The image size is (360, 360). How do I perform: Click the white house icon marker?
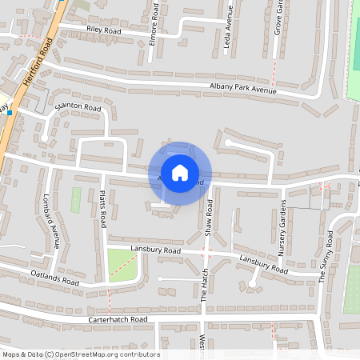tap(179, 172)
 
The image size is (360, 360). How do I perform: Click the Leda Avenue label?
tap(229, 34)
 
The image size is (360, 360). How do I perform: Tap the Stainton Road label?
tap(78, 106)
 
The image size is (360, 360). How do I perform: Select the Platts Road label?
tap(103, 208)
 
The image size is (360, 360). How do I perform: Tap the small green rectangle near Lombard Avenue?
tap(76, 200)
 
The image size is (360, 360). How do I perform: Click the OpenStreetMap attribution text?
tap(81, 354)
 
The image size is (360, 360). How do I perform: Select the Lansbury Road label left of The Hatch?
tap(157, 250)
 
